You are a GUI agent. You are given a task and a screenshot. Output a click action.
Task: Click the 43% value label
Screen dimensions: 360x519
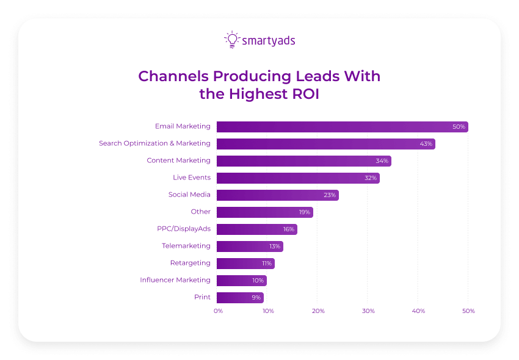point(426,144)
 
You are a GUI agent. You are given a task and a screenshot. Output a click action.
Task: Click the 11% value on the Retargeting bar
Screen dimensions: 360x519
point(267,264)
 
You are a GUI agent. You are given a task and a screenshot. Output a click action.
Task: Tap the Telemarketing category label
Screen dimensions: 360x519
point(186,246)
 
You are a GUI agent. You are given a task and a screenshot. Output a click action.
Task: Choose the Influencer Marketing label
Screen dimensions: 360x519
point(175,280)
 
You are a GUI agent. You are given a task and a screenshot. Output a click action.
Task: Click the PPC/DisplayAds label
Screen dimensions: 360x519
point(183,229)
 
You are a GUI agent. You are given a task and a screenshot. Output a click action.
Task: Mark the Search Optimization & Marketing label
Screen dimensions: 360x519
point(154,143)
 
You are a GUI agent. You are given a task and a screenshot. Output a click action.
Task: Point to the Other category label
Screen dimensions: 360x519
point(200,212)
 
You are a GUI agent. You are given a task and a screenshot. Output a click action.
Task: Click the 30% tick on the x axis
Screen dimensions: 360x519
point(368,311)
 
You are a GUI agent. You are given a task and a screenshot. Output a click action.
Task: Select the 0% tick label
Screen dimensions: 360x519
point(218,311)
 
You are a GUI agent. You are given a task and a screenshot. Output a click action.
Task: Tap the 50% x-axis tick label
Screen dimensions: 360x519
point(468,311)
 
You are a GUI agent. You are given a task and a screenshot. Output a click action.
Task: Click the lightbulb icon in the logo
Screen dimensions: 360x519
point(231,40)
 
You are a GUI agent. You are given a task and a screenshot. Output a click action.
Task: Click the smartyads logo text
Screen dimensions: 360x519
point(269,41)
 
